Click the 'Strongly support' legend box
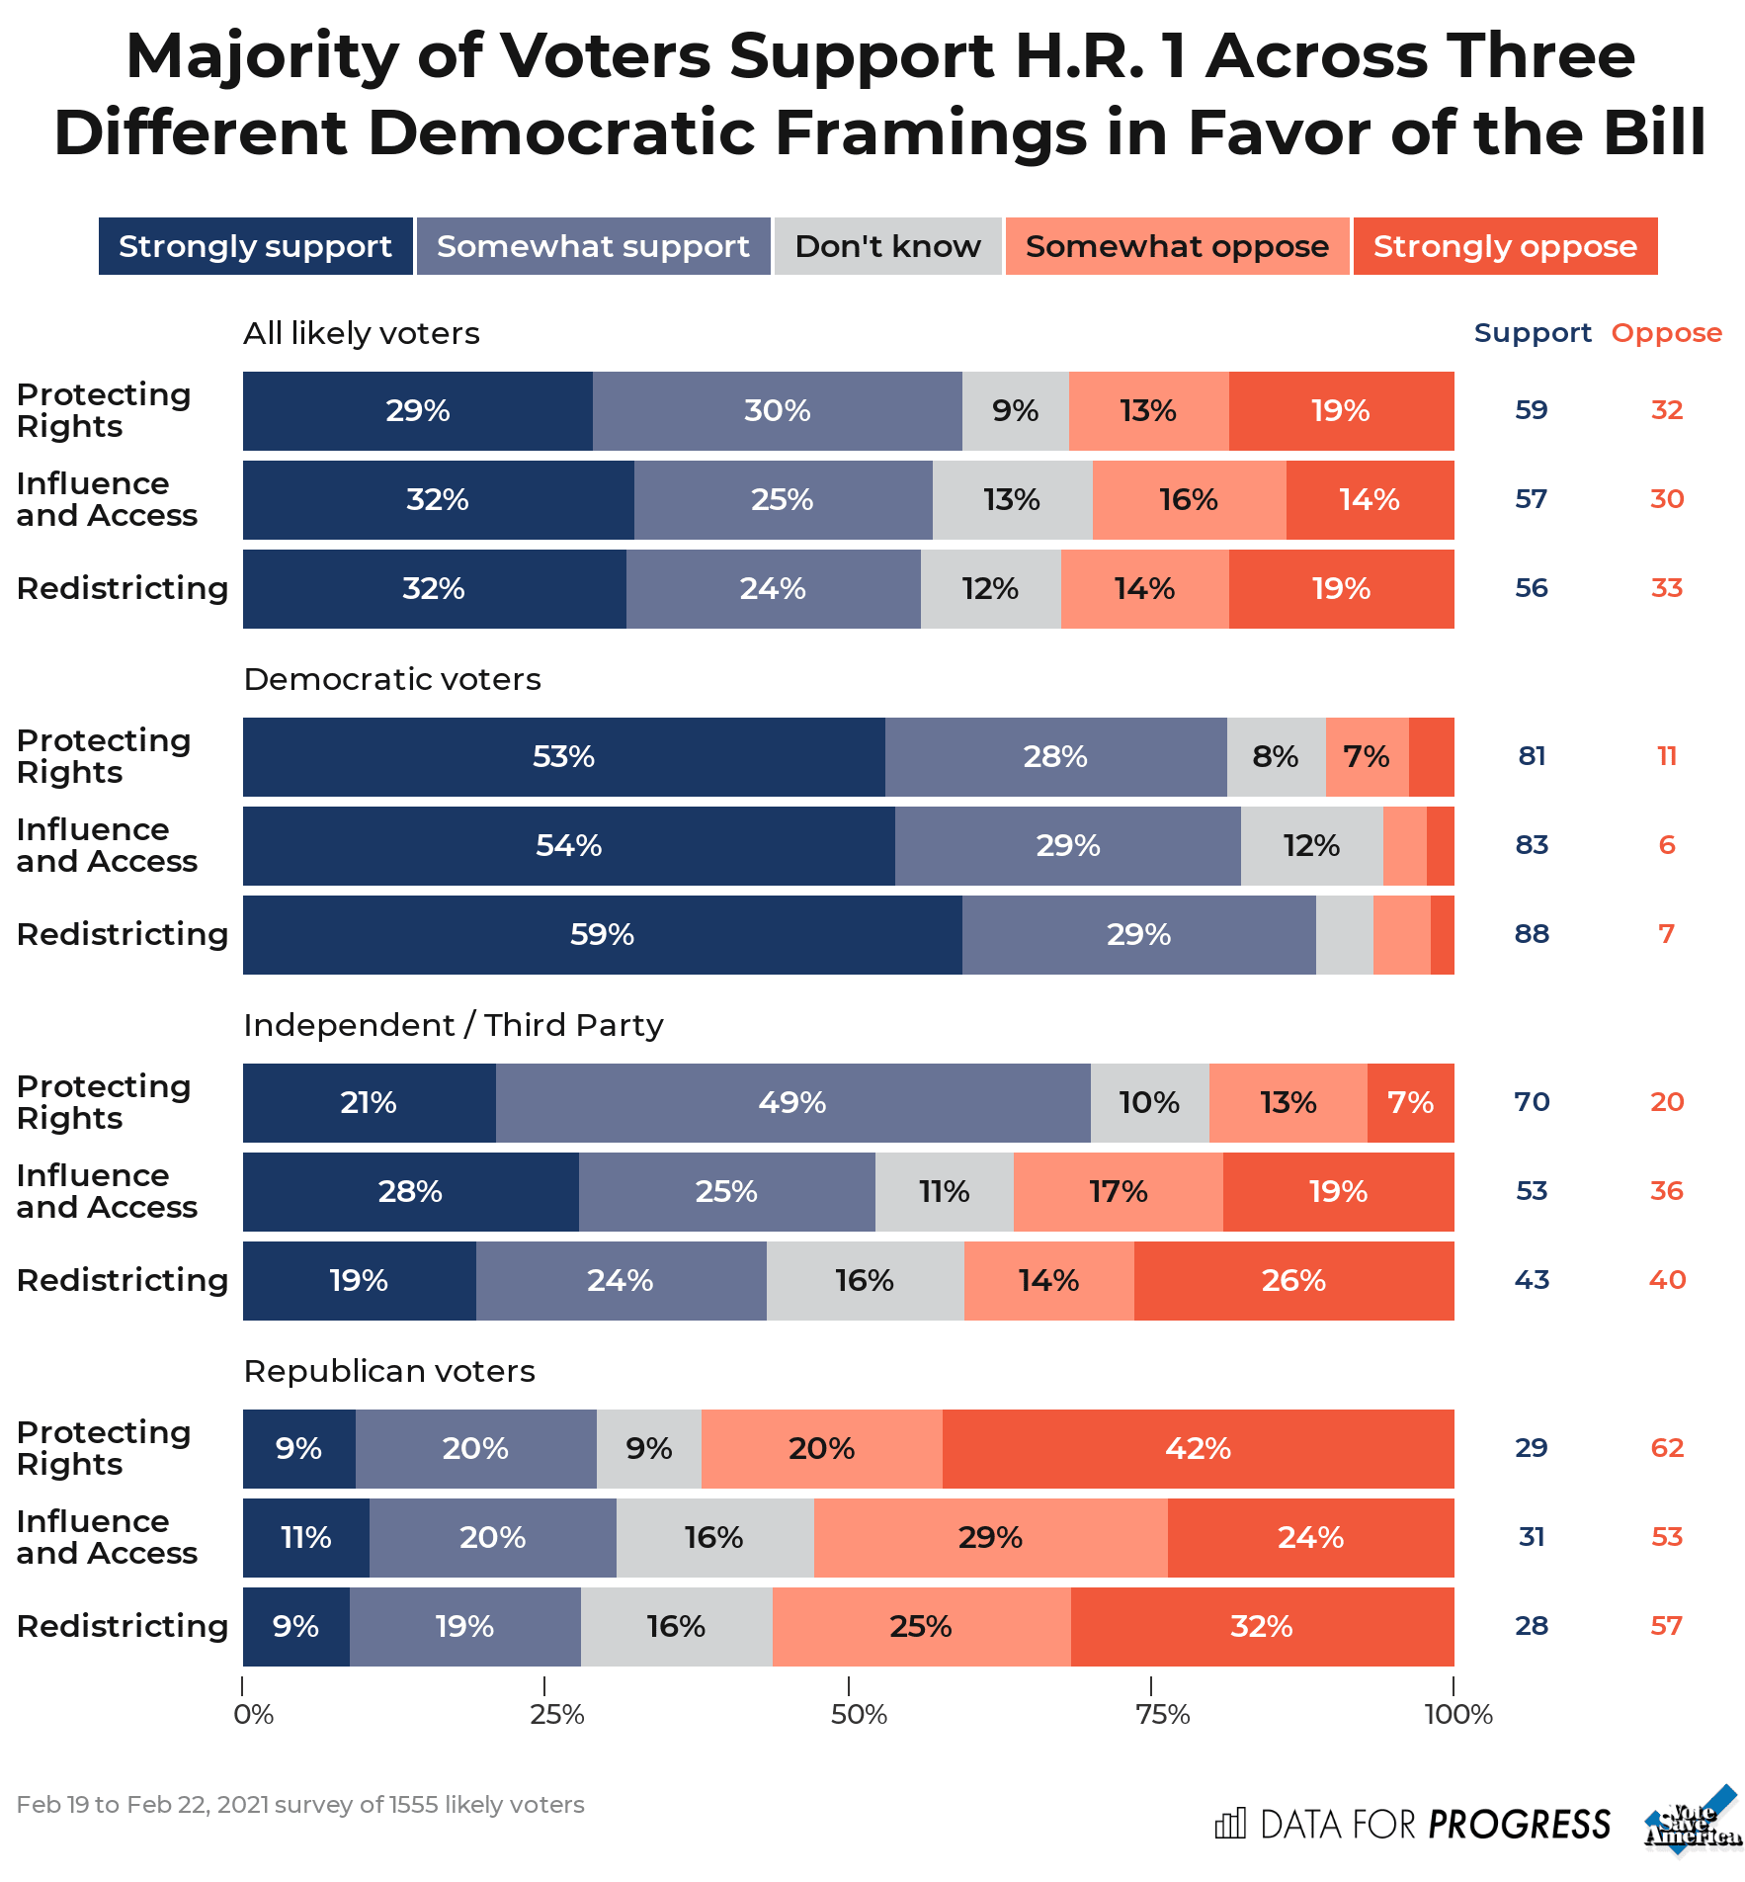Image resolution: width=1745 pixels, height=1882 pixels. click(x=255, y=246)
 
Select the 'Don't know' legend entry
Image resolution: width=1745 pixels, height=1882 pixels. click(x=887, y=246)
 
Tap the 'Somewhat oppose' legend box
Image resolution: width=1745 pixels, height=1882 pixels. click(x=1177, y=246)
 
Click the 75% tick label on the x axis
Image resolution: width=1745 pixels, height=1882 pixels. click(x=1162, y=1714)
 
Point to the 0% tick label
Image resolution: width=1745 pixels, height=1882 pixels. click(x=253, y=1714)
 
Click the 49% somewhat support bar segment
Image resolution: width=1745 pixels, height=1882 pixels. click(x=792, y=1103)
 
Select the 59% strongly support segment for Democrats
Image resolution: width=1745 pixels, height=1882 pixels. click(x=602, y=935)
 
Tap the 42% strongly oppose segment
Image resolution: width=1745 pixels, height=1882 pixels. click(x=1198, y=1449)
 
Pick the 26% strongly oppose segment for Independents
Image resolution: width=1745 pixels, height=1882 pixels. click(x=1293, y=1281)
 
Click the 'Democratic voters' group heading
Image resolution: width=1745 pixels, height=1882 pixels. click(x=392, y=679)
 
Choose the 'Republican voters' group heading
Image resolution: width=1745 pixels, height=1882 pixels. click(x=389, y=1371)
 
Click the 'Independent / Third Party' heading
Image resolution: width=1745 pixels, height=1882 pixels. click(x=454, y=1025)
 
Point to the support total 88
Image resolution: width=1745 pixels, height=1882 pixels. click(x=1532, y=934)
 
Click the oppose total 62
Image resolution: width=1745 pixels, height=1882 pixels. click(x=1667, y=1448)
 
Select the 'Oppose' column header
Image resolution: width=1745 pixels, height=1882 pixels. click(x=1666, y=333)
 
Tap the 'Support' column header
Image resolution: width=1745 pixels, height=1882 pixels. click(x=1533, y=333)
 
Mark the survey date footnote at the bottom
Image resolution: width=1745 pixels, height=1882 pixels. click(x=300, y=1805)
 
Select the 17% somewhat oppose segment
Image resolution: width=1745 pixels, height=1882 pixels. click(x=1118, y=1192)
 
